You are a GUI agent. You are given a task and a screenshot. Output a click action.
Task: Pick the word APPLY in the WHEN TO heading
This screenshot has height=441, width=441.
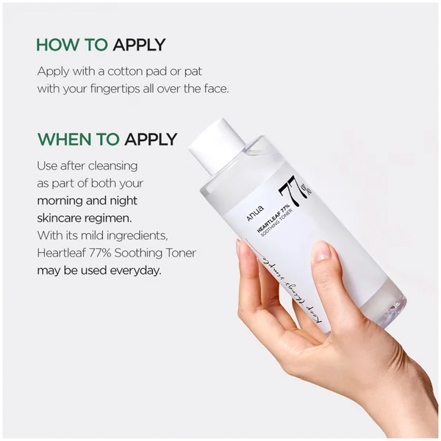click(151, 139)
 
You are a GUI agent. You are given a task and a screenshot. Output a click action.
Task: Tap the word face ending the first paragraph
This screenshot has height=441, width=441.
click(214, 88)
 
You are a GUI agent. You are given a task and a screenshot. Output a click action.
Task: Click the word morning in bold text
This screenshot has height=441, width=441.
click(63, 201)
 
